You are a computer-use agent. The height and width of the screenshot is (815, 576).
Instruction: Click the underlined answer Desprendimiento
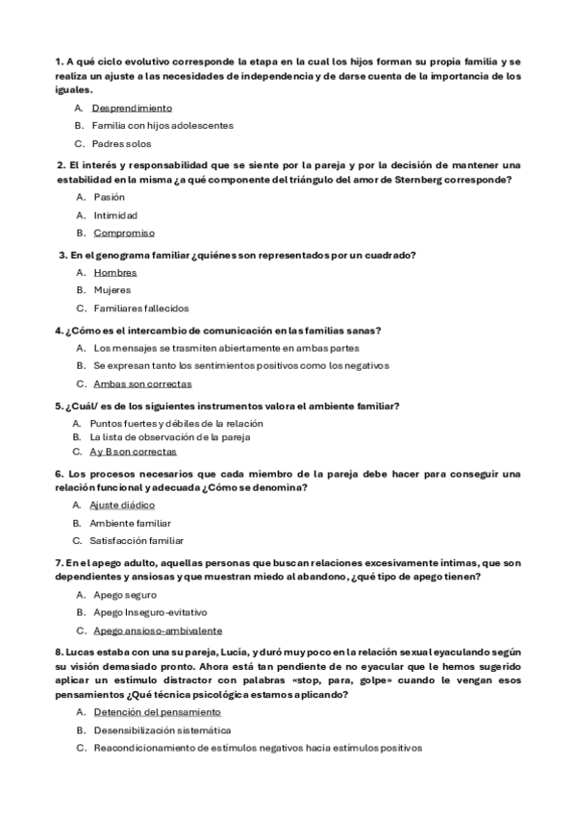132,108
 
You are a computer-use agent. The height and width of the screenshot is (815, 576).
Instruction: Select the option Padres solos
121,143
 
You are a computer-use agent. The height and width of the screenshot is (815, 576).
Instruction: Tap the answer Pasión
109,197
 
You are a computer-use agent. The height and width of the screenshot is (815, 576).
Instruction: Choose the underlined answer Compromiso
124,233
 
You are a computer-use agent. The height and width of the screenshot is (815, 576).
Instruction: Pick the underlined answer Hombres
114,272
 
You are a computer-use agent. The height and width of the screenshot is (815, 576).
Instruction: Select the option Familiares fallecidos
140,309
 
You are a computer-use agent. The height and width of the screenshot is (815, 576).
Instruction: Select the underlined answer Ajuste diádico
122,505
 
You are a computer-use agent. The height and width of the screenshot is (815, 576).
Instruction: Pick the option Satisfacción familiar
138,540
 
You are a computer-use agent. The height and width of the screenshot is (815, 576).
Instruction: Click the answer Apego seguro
124,595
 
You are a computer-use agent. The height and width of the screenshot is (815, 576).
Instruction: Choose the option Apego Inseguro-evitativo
149,612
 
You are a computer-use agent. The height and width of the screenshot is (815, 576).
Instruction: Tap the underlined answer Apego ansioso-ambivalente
158,630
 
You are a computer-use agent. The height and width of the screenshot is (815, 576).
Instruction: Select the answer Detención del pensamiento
157,712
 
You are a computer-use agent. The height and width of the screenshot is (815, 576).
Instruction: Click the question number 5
59,406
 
